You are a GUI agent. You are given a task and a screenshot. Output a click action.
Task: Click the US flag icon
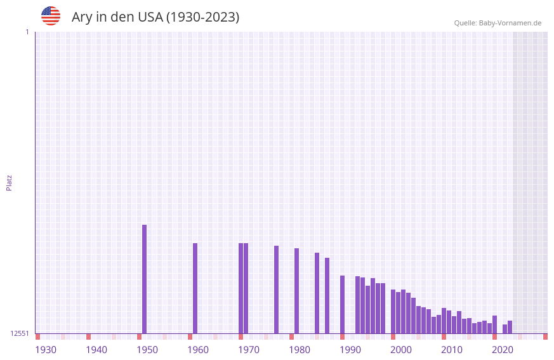click(x=51, y=16)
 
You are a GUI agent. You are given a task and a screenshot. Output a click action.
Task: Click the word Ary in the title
click(x=82, y=17)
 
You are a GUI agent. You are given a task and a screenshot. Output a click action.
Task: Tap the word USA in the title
click(x=150, y=17)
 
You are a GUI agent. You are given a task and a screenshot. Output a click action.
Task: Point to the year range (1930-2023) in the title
click(x=202, y=17)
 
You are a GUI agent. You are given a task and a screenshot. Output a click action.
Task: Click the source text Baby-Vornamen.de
click(x=510, y=23)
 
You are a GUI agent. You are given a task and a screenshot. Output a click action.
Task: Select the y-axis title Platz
click(x=9, y=182)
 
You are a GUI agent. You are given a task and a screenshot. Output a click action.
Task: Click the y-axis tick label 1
click(x=27, y=32)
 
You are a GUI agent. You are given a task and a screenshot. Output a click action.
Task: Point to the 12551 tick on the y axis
click(x=20, y=333)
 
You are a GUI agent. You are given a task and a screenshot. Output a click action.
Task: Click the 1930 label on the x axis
click(x=46, y=350)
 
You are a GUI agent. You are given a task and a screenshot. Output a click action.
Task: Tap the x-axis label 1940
click(x=96, y=350)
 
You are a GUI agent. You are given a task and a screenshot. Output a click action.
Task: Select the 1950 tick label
click(x=147, y=350)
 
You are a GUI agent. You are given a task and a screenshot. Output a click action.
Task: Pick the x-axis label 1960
click(x=198, y=350)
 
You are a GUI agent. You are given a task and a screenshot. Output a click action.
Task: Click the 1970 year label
click(x=249, y=350)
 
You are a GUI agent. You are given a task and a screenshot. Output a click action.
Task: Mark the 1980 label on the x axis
click(x=300, y=350)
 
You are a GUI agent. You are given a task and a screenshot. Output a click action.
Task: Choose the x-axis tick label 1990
click(x=350, y=350)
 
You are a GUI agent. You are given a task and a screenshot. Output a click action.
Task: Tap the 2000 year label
click(x=401, y=350)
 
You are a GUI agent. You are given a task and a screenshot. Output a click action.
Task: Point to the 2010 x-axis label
click(x=452, y=350)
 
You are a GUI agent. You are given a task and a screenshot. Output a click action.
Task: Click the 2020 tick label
click(x=503, y=350)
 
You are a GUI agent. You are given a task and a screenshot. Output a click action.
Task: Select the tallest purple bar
click(x=144, y=279)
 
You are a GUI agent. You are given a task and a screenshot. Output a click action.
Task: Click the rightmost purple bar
click(x=510, y=327)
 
